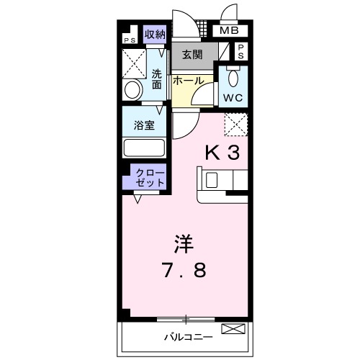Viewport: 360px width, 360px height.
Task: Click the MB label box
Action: click(x=230, y=31)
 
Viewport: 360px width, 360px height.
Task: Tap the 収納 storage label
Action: click(x=155, y=33)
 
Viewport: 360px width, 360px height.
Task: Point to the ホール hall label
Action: click(x=187, y=81)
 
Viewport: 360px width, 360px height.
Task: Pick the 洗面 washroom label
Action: click(x=157, y=78)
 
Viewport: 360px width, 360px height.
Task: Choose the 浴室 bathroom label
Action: click(x=143, y=124)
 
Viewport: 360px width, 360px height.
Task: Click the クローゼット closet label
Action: click(x=149, y=178)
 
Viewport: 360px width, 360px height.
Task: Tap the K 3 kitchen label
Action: click(x=223, y=152)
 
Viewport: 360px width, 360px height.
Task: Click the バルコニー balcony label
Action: click(x=187, y=336)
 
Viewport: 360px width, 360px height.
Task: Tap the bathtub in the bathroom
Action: click(x=144, y=148)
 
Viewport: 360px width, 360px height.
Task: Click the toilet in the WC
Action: click(x=232, y=78)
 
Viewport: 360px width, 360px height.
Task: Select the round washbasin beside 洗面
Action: click(x=133, y=90)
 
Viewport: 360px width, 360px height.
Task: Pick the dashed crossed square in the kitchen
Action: click(x=235, y=126)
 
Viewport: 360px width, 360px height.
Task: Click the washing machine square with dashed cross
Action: click(x=135, y=63)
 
